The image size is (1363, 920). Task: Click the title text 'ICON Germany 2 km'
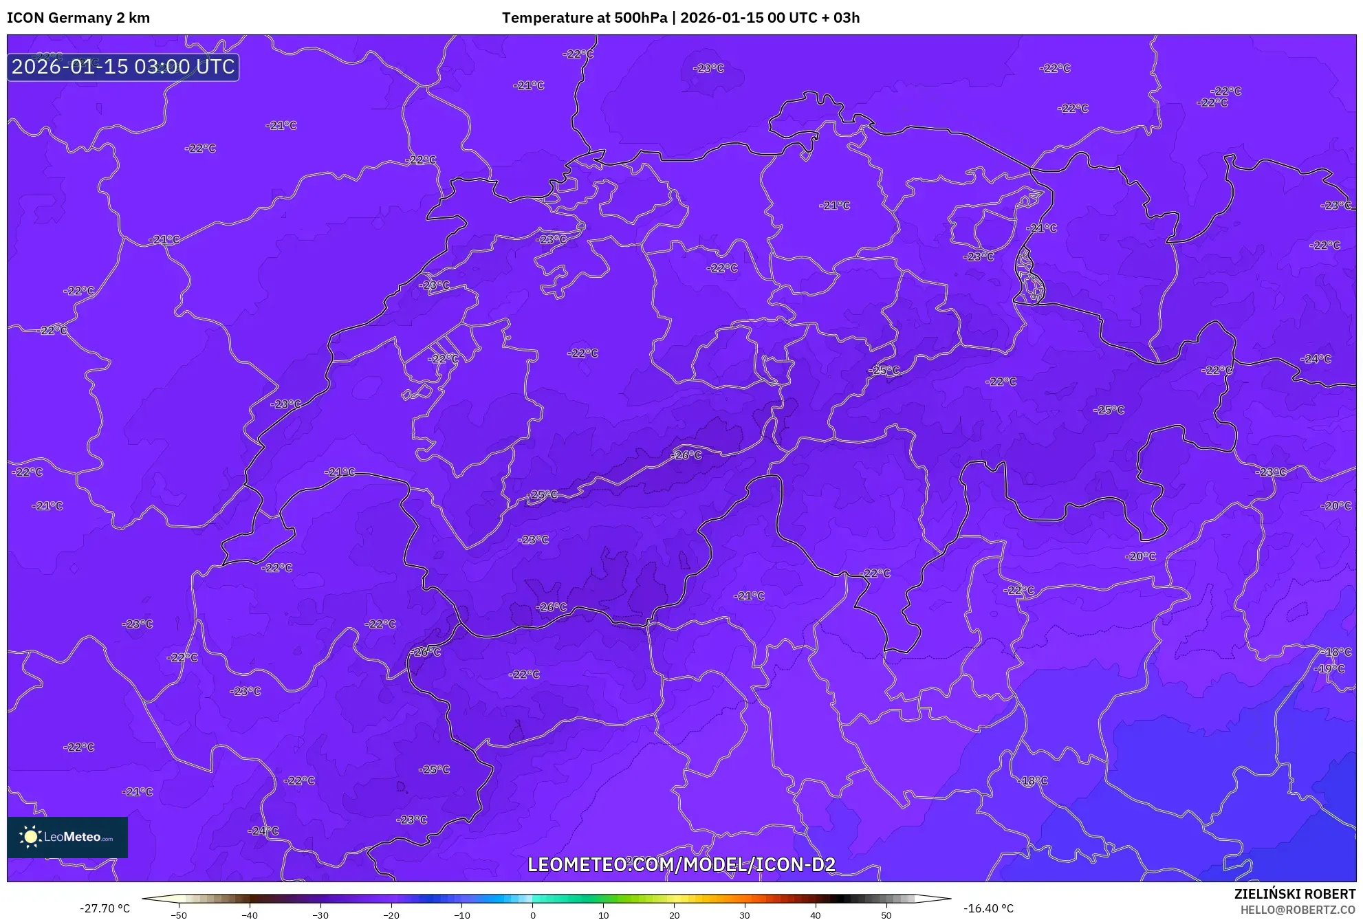(x=78, y=18)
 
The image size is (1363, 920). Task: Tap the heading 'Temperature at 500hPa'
(x=585, y=18)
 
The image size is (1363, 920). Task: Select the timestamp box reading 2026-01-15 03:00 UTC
(x=123, y=67)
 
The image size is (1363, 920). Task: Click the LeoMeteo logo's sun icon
(x=30, y=837)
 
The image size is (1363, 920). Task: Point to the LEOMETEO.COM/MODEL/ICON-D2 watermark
(x=681, y=864)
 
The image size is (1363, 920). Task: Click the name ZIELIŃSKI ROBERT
(x=1294, y=894)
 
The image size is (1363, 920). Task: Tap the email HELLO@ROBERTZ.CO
(x=1298, y=910)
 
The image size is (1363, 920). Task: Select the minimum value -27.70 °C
(x=105, y=908)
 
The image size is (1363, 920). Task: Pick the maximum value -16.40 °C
(x=988, y=908)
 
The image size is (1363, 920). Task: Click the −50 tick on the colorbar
(x=179, y=915)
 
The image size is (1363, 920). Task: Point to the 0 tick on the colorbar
(x=533, y=915)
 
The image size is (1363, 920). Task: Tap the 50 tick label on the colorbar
(x=886, y=915)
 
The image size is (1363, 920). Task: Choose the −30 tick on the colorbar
(x=320, y=915)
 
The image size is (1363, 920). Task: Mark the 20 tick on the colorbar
(x=675, y=915)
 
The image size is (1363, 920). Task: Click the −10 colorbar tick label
(x=462, y=915)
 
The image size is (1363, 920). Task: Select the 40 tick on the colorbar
(x=816, y=915)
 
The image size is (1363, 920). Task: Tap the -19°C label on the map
(x=1329, y=668)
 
